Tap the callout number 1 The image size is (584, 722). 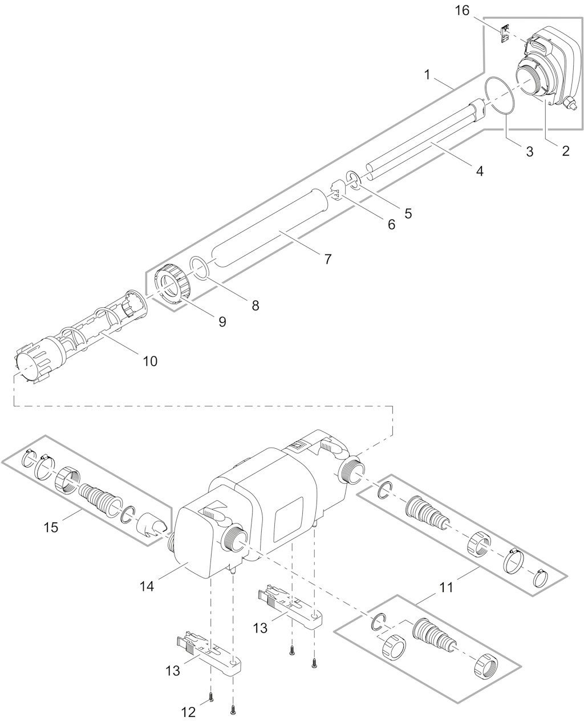[427, 75]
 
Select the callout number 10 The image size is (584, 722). [150, 361]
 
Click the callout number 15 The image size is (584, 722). [51, 527]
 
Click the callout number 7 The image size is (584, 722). [327, 259]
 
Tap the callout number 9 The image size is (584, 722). [222, 322]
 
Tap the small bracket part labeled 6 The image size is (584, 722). [336, 191]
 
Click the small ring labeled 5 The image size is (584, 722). [354, 180]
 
